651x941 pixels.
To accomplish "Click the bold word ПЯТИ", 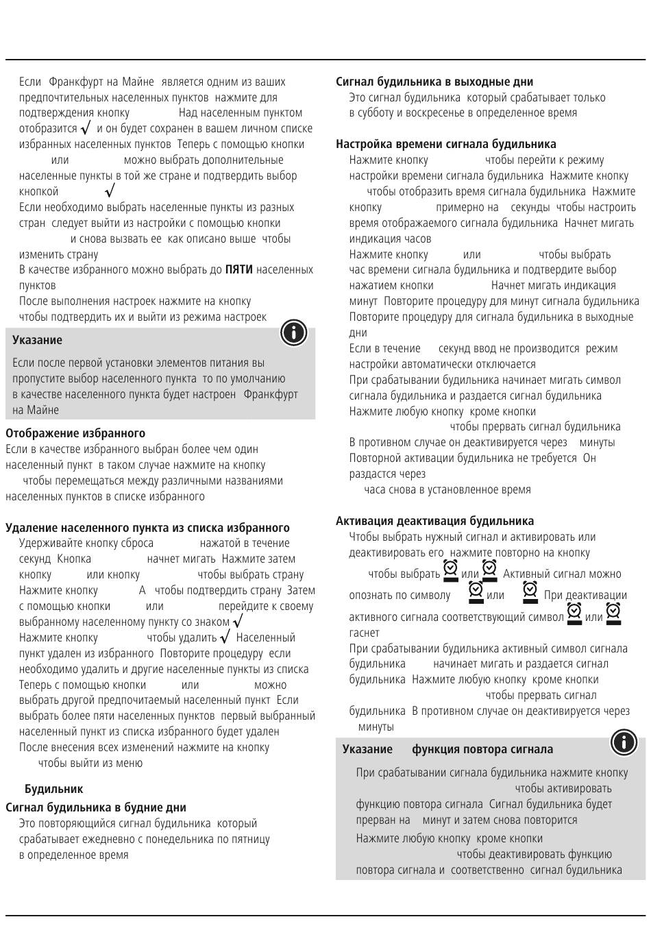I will click(x=239, y=270).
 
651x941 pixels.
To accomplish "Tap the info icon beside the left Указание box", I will click(x=293, y=332).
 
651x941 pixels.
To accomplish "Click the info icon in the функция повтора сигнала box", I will click(x=624, y=742).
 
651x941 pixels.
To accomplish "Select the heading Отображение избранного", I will click(x=75, y=433).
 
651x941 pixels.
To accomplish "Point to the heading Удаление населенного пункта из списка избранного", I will click(x=147, y=528).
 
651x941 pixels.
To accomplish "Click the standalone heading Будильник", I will click(x=53, y=789).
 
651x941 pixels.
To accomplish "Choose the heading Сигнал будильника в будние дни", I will click(x=96, y=807).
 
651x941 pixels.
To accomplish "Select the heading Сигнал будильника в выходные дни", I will click(x=434, y=82).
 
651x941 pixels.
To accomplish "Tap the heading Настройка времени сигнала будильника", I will click(x=446, y=144).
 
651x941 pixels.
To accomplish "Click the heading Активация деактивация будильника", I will click(x=435, y=521).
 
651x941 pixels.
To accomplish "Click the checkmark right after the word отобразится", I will click(x=86, y=128).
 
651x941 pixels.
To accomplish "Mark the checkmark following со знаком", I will click(x=238, y=622).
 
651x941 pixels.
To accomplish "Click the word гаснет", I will click(x=364, y=633).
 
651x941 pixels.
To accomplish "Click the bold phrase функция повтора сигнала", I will click(x=482, y=749).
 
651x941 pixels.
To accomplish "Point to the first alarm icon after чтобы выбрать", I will click(x=450, y=570).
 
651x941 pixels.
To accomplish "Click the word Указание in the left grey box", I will click(x=37, y=340).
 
